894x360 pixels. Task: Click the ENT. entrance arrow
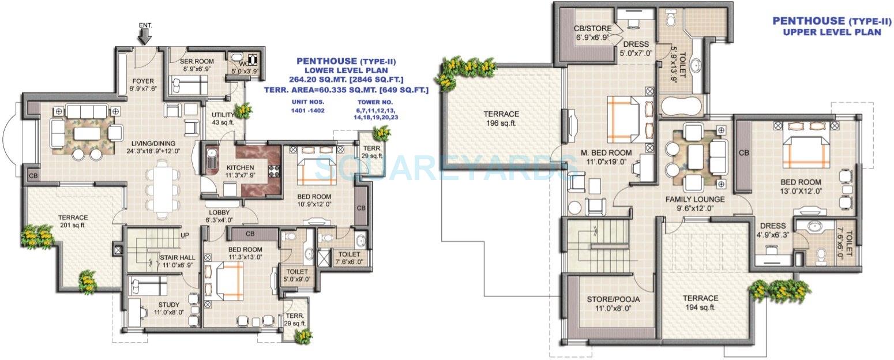point(145,36)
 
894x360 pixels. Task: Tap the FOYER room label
point(143,81)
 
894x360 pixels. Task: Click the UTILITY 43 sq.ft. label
point(223,115)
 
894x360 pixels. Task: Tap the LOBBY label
point(219,212)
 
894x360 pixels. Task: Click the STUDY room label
point(168,305)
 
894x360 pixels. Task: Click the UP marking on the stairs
point(185,235)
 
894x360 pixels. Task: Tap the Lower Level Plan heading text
point(345,69)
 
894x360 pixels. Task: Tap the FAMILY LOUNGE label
point(695,199)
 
